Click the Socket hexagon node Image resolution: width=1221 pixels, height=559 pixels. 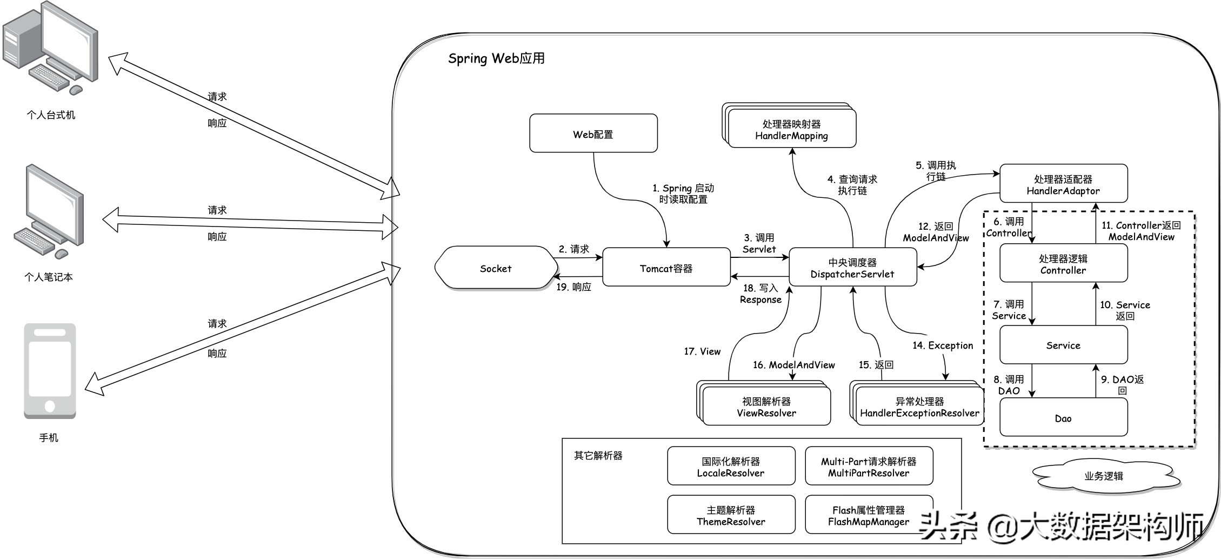pyautogui.click(x=496, y=268)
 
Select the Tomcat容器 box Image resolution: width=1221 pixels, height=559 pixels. pyautogui.click(x=666, y=268)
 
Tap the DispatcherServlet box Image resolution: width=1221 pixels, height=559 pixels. pyautogui.click(x=852, y=268)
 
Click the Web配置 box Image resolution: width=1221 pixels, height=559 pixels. pyautogui.click(x=593, y=134)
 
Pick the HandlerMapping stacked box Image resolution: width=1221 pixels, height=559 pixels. pyautogui.click(x=791, y=130)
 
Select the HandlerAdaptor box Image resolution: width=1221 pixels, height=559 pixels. pyautogui.click(x=1063, y=184)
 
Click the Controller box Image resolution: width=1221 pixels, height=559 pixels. pyautogui.click(x=1063, y=264)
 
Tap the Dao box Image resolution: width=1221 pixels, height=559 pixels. pyautogui.click(x=1063, y=417)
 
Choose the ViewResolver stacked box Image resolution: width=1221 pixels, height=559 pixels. pyautogui.click(x=766, y=407)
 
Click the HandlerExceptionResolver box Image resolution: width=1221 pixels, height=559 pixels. pyautogui.click(x=919, y=407)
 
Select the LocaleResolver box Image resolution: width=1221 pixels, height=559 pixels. pyautogui.click(x=731, y=467)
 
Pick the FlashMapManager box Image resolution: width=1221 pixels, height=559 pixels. pyautogui.click(x=869, y=515)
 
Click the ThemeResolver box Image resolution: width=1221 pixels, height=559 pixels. pyautogui.click(x=731, y=515)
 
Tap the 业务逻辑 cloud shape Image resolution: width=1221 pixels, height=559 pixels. pyautogui.click(x=1104, y=476)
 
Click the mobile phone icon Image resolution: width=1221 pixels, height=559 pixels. pyautogui.click(x=50, y=371)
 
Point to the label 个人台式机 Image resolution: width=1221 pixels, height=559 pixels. pyautogui.click(x=51, y=115)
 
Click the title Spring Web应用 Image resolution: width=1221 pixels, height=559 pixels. pyautogui.click(x=496, y=58)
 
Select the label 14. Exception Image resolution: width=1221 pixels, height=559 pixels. pyautogui.click(x=942, y=345)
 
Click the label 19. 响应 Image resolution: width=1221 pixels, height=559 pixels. pyautogui.click(x=573, y=287)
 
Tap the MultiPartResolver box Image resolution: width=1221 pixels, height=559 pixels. pyautogui.click(x=869, y=467)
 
